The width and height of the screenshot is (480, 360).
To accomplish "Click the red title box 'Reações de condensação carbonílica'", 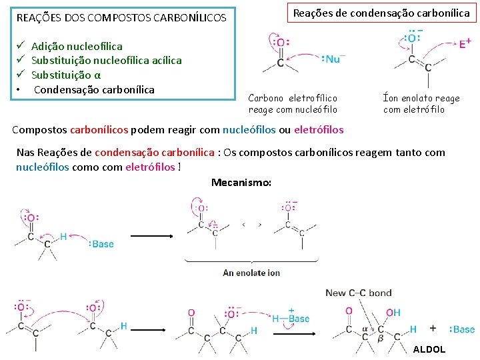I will pos(381,13).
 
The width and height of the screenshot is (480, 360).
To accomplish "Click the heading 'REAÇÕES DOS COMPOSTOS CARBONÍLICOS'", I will pos(121,17).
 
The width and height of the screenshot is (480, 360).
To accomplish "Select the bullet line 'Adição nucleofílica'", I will pos(77,46).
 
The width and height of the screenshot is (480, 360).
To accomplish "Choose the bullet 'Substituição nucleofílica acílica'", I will pos(106,61).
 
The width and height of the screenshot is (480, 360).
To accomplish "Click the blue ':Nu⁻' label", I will pos(333,59).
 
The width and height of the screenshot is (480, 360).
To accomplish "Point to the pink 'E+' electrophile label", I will pos(465,44).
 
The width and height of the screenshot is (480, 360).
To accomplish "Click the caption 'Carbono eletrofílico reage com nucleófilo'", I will pos(293,104).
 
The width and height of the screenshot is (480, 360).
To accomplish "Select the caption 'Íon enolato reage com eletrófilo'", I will pos(421,104).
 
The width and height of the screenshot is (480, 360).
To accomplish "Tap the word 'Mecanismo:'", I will pos(241,183).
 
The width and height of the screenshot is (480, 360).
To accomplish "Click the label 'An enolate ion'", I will pos(251,273).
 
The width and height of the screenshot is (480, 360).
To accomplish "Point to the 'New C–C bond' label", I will pos(359,293).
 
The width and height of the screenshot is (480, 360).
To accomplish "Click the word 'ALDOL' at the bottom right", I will pos(429,349).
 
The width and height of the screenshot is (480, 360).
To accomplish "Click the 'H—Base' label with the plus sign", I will pos(291,317).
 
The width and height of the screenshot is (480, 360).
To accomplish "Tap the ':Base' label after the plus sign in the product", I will pos(462,329).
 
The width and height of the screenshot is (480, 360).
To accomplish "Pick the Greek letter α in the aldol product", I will pos(365,329).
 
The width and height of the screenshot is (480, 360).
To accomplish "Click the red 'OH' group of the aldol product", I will pos(393,312).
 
